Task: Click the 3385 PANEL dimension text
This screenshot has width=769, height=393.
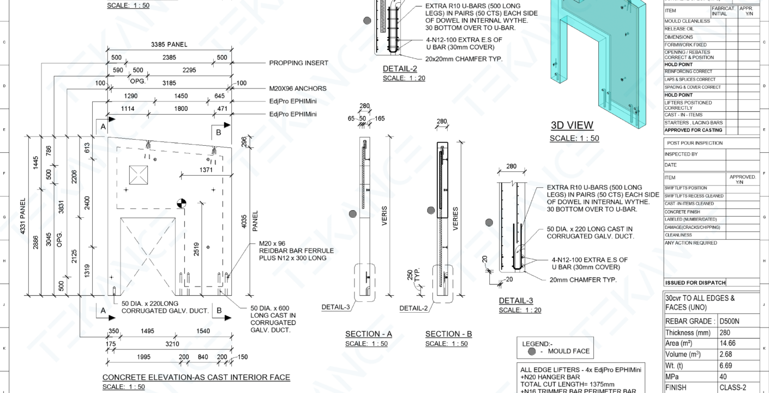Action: pos(169,45)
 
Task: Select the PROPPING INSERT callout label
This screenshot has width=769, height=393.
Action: pos(299,63)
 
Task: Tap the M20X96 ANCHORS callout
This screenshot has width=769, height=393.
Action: pos(298,88)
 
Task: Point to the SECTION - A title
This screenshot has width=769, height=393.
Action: pos(368,334)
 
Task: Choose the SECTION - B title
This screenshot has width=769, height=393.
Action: pos(448,334)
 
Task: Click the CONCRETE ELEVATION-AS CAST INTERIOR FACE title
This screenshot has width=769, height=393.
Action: pos(196,377)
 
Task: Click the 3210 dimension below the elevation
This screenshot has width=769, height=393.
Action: pos(172,345)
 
